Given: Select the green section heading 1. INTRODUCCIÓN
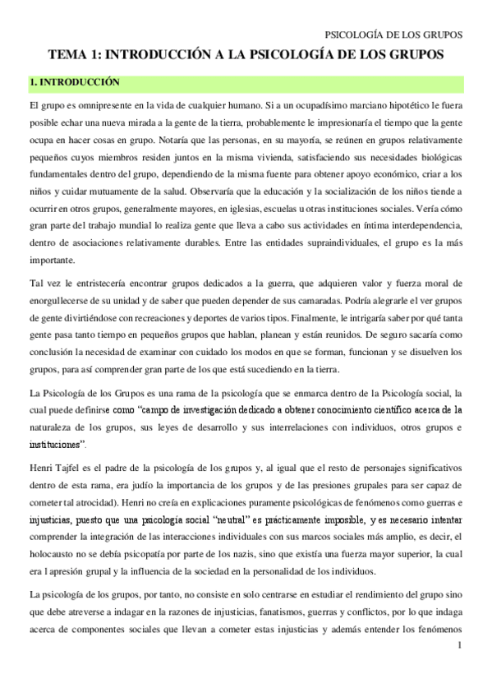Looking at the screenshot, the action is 75,82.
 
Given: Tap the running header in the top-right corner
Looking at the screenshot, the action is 395,35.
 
